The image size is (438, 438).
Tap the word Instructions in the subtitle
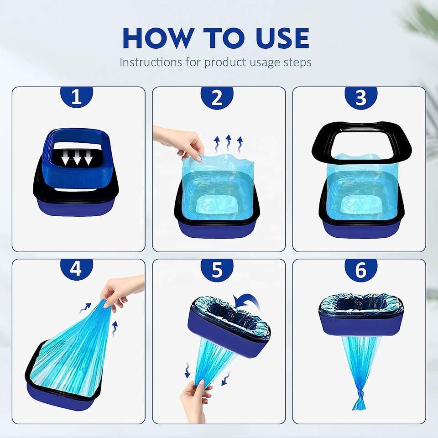pos(151,62)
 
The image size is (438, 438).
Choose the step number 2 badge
pos(217,98)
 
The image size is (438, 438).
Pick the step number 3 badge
pos(361,98)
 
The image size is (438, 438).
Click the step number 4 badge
pos(77,270)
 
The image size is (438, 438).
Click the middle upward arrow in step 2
pos(228,143)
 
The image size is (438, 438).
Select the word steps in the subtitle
pos(297,63)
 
